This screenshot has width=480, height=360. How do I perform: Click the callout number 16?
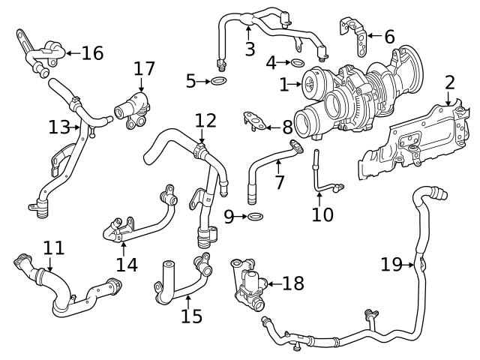(92, 52)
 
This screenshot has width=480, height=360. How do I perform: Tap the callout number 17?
(144, 69)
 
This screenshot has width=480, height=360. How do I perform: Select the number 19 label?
(391, 264)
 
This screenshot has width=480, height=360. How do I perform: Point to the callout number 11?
(53, 247)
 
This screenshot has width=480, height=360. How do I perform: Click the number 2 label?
(449, 82)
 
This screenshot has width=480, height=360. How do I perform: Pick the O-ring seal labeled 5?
(218, 80)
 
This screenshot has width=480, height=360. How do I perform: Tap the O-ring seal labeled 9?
(255, 217)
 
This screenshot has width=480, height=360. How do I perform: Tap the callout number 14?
(127, 264)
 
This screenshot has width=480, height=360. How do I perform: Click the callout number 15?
(191, 316)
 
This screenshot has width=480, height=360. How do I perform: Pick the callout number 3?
(250, 50)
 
